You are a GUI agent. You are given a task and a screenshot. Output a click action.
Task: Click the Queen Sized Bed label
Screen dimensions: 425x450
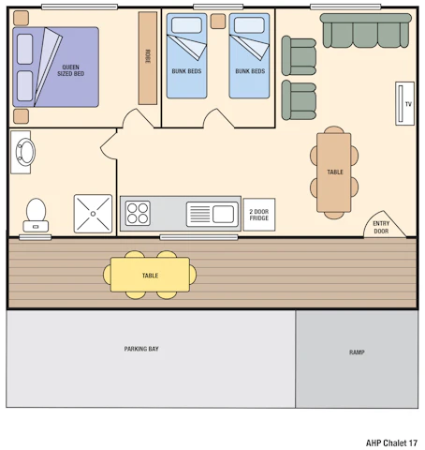71,70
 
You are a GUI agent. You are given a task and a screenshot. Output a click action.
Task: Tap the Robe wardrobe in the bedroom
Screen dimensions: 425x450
148,58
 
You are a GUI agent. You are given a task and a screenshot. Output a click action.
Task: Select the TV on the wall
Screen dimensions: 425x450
404,103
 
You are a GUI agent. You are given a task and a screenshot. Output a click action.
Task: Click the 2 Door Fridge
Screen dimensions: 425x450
259,215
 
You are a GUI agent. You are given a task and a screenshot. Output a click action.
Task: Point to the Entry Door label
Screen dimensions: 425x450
381,227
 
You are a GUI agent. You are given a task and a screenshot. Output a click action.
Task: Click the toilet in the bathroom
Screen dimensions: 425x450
36,215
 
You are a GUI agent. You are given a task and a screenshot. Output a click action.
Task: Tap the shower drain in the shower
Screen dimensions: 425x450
93,214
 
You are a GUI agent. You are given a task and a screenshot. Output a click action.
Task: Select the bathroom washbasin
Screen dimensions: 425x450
25,152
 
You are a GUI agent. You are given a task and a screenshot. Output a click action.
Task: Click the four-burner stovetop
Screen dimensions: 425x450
138,214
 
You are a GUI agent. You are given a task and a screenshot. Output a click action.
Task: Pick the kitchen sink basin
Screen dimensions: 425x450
223,214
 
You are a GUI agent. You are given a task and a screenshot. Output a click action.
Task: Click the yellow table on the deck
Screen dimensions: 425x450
150,275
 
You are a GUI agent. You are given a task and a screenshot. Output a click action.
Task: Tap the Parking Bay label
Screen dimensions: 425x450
141,349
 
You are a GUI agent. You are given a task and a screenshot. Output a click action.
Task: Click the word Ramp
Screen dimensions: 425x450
357,352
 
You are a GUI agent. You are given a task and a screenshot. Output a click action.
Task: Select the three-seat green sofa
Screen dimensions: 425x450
366,31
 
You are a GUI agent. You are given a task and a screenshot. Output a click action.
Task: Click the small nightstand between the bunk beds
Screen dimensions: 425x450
218,22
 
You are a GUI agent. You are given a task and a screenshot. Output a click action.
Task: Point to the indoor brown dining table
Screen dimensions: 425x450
334,172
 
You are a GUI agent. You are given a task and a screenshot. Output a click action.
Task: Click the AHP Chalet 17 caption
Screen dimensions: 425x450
391,442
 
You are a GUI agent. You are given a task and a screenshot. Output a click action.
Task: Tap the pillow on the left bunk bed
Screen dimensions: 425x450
186,25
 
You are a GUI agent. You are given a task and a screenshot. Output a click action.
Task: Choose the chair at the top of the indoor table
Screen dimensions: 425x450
334,129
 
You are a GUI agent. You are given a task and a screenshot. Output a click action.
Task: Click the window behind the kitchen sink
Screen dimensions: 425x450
198,238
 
